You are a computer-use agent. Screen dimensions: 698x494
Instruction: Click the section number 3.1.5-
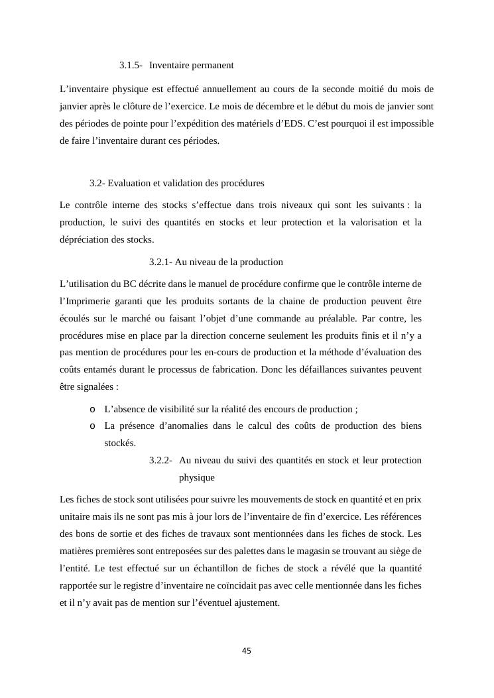pos(131,66)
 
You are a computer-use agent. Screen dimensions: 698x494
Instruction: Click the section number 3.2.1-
pos(161,262)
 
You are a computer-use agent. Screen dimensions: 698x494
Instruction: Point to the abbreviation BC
pos(130,284)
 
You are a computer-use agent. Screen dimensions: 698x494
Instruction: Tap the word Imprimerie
pos(88,301)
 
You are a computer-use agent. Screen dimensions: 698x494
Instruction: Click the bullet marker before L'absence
pos(93,410)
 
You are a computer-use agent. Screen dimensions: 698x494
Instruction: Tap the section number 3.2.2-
pos(161,460)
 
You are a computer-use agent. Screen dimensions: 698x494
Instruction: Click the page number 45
pos(247,651)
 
